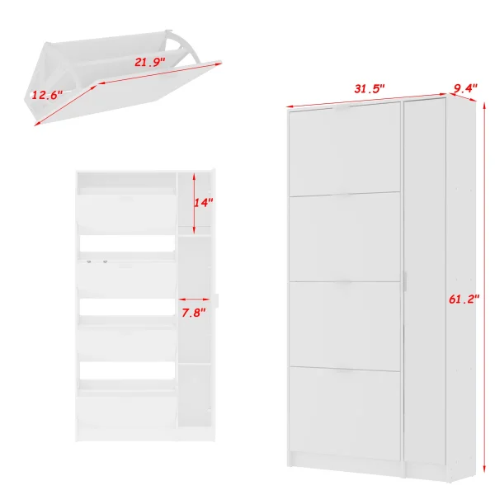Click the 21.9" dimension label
[150, 62]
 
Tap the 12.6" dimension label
[47, 95]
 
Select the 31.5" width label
[370, 89]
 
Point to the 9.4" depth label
[465, 88]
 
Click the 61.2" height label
[464, 299]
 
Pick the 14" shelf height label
[204, 202]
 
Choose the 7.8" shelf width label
[194, 313]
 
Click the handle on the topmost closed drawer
[345, 107]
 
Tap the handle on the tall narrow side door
[405, 281]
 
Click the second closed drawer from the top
[345, 237]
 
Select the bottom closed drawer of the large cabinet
[345, 413]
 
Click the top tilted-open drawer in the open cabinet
[126, 212]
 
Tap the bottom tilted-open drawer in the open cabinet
[126, 410]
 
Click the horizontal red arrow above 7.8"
[194, 299]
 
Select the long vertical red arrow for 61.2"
[484, 286]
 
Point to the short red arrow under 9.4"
[462, 97]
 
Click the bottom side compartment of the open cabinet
[195, 396]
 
